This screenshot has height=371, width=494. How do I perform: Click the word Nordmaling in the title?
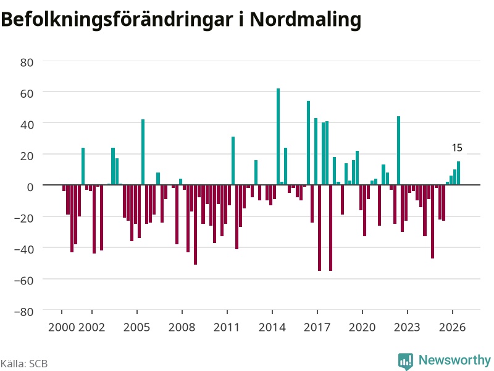(305, 20)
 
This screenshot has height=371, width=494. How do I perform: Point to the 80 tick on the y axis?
(27, 62)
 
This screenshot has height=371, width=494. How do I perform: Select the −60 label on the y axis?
(24, 281)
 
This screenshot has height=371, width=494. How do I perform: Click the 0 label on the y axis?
(30, 187)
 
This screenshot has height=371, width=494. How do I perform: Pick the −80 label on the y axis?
(24, 312)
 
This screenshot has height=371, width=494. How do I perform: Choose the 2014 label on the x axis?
(272, 327)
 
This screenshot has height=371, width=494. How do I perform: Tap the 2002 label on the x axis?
(91, 327)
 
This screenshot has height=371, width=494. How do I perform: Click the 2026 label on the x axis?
(453, 327)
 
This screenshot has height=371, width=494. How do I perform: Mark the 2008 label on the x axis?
(182, 327)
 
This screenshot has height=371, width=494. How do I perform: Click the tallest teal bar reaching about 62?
(278, 137)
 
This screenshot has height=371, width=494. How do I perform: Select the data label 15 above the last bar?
(457, 148)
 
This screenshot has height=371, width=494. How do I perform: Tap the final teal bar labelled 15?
(458, 173)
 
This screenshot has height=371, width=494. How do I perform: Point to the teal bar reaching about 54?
(308, 143)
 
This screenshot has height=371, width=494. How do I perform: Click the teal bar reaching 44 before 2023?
(398, 150)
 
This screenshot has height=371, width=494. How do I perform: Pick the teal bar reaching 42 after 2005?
(143, 152)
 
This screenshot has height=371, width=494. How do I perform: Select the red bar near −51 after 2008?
(195, 224)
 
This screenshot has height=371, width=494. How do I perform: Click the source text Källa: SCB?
(24, 364)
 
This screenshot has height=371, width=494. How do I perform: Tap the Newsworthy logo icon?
(406, 361)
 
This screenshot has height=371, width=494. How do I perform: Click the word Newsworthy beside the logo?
(454, 360)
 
